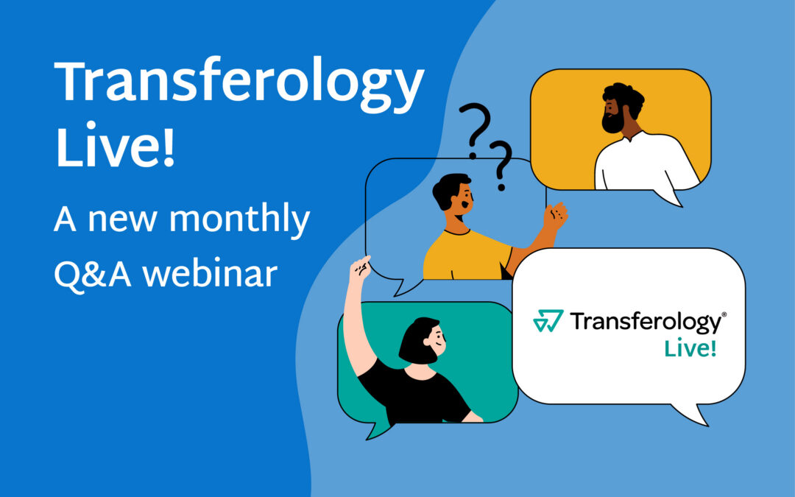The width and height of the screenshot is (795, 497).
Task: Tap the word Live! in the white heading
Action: tap(116, 146)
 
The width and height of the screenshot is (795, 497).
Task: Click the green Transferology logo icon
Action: tap(548, 321)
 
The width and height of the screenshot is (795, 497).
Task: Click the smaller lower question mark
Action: tap(502, 164)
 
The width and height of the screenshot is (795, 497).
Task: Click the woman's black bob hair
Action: tap(417, 339)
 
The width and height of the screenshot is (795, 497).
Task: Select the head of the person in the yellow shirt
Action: tap(452, 194)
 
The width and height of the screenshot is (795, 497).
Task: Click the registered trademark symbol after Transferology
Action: tap(724, 314)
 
